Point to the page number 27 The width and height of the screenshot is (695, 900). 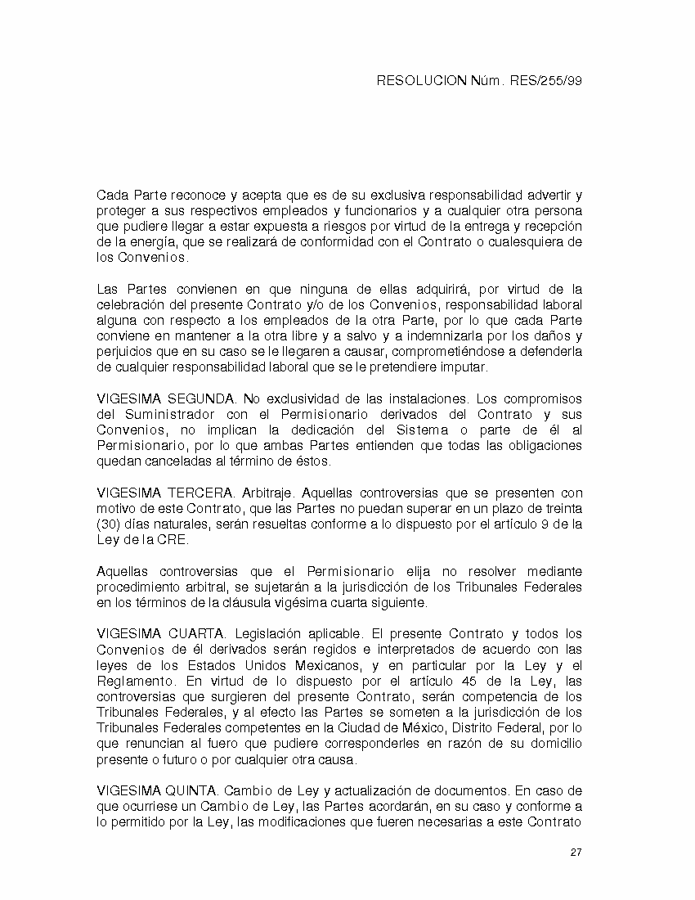pos(576,853)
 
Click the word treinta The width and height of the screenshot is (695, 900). pos(562,508)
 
